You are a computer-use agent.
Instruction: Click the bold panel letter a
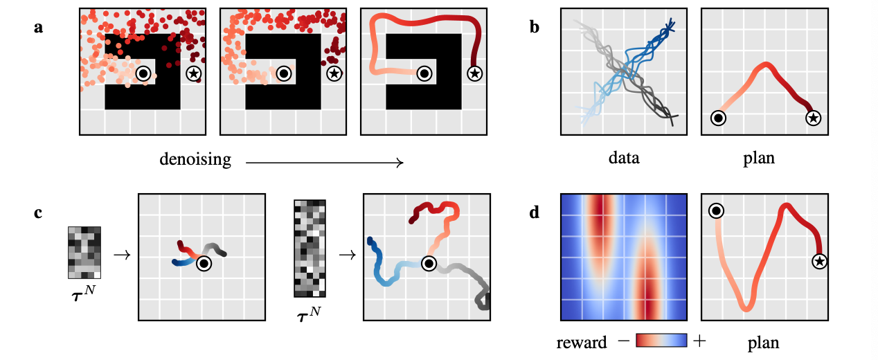pyautogui.click(x=39, y=28)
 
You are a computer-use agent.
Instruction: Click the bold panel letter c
pyautogui.click(x=39, y=213)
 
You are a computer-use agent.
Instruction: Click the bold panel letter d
pyautogui.click(x=534, y=213)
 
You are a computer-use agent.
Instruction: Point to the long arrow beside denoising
pyautogui.click(x=324, y=162)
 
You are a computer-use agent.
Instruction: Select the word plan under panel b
pyautogui.click(x=758, y=158)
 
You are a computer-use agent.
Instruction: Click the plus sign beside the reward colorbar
pyautogui.click(x=701, y=341)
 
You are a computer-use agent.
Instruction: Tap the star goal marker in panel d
pyautogui.click(x=819, y=261)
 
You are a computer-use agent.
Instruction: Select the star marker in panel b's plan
pyautogui.click(x=814, y=118)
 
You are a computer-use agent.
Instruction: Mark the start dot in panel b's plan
pyautogui.click(x=719, y=118)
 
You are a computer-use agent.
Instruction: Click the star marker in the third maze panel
pyautogui.click(x=474, y=72)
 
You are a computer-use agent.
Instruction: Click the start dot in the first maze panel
pyautogui.click(x=143, y=72)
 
